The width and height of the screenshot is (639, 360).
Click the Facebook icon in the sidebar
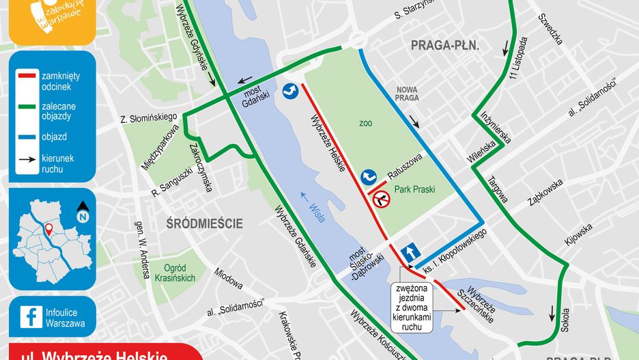(29, 317)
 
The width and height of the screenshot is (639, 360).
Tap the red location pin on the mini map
(49, 230)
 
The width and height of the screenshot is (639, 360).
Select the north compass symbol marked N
(83, 214)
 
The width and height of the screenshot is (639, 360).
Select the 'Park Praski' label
(414, 189)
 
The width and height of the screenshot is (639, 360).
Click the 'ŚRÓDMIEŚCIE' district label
(205, 223)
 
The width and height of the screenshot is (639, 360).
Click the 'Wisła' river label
(315, 206)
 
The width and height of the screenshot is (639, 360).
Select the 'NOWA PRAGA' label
(407, 94)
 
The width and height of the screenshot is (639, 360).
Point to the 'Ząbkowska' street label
(544, 193)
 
